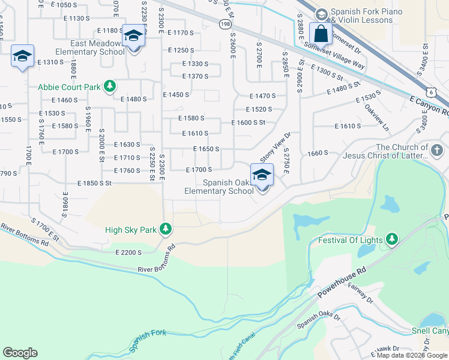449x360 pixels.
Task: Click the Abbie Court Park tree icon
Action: [x=110, y=87]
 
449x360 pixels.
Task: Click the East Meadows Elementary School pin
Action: [x=133, y=37]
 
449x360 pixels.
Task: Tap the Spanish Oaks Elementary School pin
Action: [x=262, y=176]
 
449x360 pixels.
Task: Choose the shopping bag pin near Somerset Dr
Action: [x=321, y=34]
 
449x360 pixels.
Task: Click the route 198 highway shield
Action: [x=225, y=24]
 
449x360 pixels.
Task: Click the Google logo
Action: [x=20, y=353]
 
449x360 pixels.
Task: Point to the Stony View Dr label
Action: [x=275, y=148]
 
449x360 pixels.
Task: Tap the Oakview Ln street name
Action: [x=376, y=119]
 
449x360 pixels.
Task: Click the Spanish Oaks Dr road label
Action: [x=319, y=322]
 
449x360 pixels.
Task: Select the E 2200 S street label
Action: [x=129, y=253]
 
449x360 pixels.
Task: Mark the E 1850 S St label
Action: [x=95, y=183]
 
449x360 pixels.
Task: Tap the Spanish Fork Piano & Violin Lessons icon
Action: [x=321, y=13]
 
